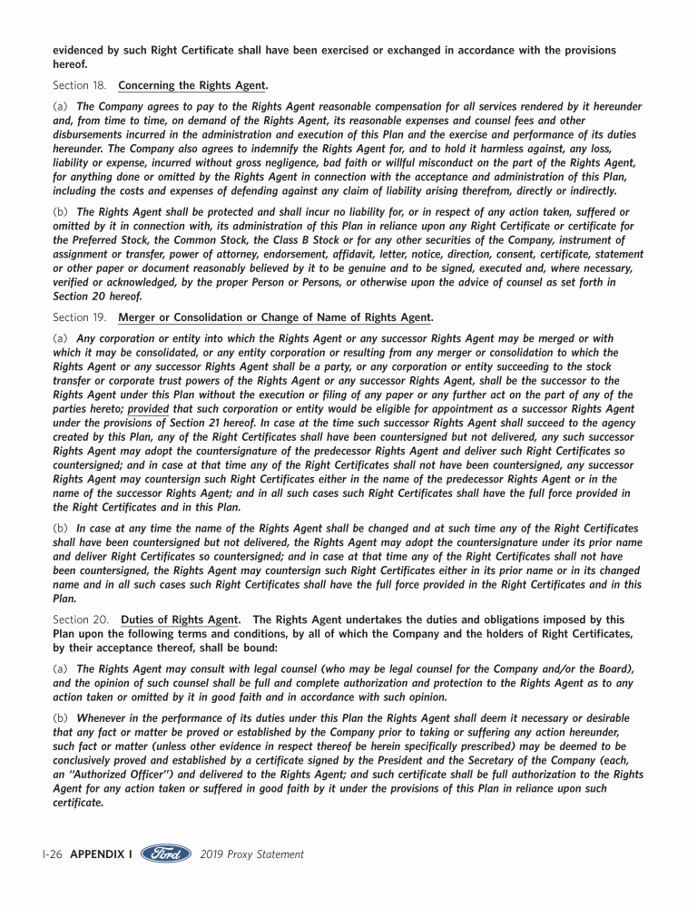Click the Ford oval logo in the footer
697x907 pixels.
pos(167,853)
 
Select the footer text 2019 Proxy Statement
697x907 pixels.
pos(251,854)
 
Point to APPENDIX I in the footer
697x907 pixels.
pos(101,854)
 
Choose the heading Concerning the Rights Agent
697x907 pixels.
pos(193,86)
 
